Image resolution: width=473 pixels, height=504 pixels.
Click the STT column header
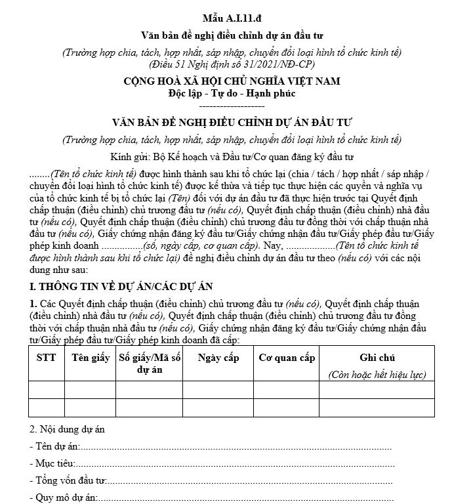pyautogui.click(x=46, y=358)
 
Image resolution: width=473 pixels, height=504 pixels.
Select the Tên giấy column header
pyautogui.click(x=91, y=358)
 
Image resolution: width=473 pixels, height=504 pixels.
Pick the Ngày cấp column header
pyautogui.click(x=218, y=358)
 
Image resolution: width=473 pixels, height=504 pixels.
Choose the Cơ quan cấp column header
pyautogui.click(x=286, y=358)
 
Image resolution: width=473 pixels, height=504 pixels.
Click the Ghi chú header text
pyautogui.click(x=377, y=358)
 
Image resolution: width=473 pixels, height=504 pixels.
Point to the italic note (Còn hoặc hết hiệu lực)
pyautogui.click(x=377, y=375)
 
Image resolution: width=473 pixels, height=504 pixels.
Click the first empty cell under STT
pyautogui.click(x=46, y=390)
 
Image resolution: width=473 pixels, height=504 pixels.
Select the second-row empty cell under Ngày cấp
pyautogui.click(x=218, y=408)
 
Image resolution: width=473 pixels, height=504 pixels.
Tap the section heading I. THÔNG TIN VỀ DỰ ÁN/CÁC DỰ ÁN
pyautogui.click(x=121, y=287)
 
